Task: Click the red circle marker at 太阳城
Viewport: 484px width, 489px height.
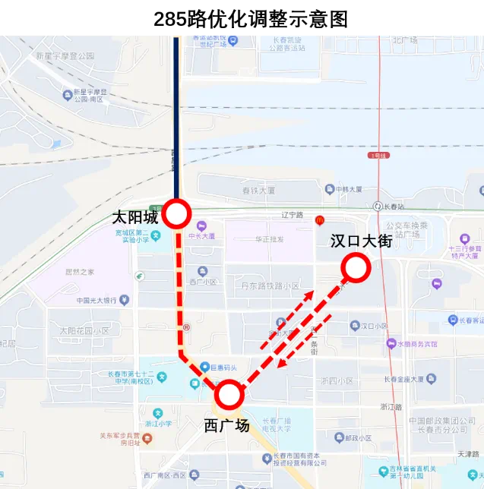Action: click(x=177, y=214)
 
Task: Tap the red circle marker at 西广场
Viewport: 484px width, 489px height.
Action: click(x=229, y=395)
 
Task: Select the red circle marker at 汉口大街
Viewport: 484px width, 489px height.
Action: click(x=356, y=267)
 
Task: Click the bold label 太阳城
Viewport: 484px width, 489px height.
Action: click(x=134, y=217)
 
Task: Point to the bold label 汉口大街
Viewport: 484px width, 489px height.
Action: click(x=361, y=241)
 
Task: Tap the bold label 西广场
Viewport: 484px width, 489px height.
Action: click(x=226, y=425)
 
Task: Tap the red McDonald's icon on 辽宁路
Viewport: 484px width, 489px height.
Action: click(x=320, y=220)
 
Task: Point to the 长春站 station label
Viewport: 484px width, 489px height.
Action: click(x=395, y=206)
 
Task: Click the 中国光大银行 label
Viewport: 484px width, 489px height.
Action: click(x=96, y=301)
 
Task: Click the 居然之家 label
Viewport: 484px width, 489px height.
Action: click(x=80, y=271)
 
